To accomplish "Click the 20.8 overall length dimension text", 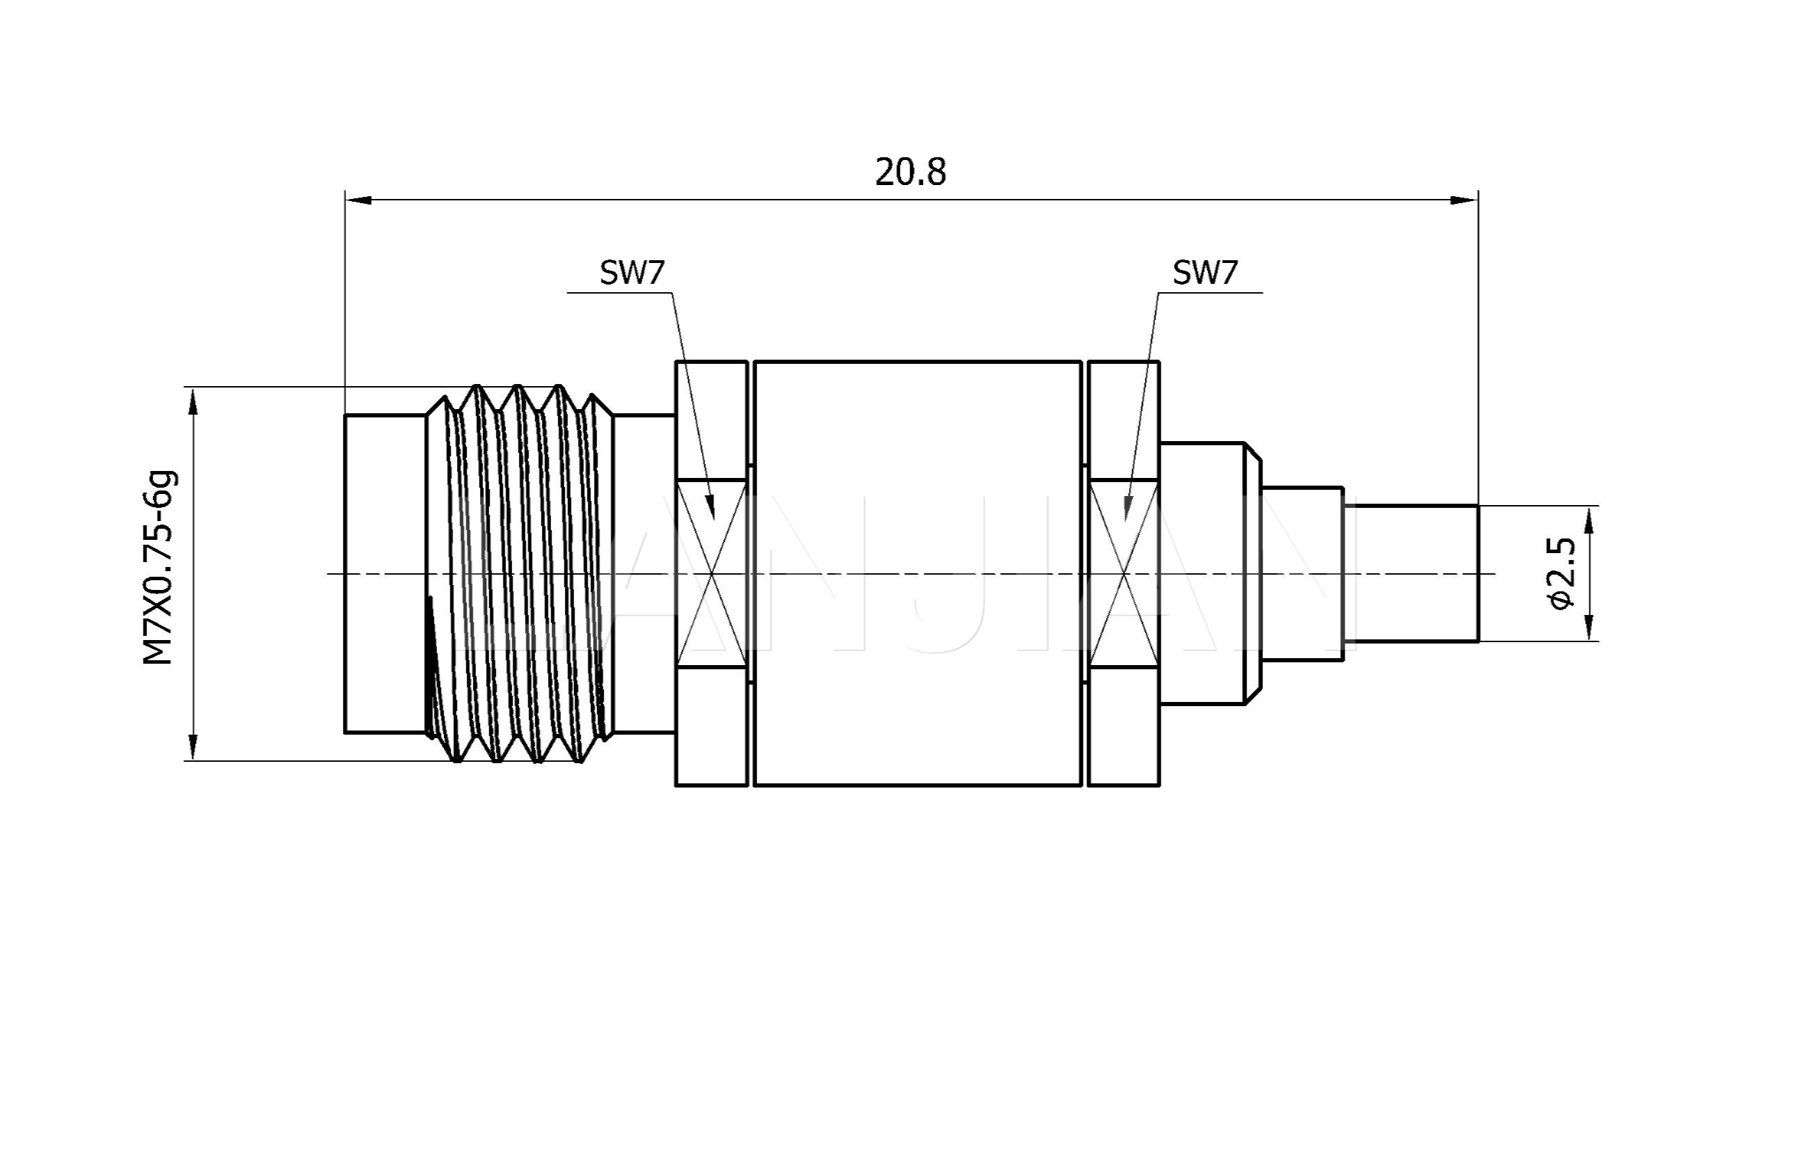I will click(910, 173).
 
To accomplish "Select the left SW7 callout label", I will click(632, 272).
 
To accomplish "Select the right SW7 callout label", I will click(1205, 272).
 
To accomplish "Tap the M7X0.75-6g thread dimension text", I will click(159, 568).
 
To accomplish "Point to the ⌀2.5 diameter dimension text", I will click(1561, 573).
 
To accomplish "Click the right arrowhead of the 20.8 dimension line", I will click(1465, 200).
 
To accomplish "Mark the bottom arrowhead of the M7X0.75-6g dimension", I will click(193, 746).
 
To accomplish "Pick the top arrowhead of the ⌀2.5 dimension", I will click(1589, 520).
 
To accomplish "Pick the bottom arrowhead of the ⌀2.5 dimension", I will click(1589, 628).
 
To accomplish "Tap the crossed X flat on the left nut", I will click(712, 574).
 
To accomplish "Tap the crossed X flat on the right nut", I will click(1124, 574).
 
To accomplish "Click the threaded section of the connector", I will click(519, 574).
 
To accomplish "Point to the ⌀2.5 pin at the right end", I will click(1411, 574).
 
